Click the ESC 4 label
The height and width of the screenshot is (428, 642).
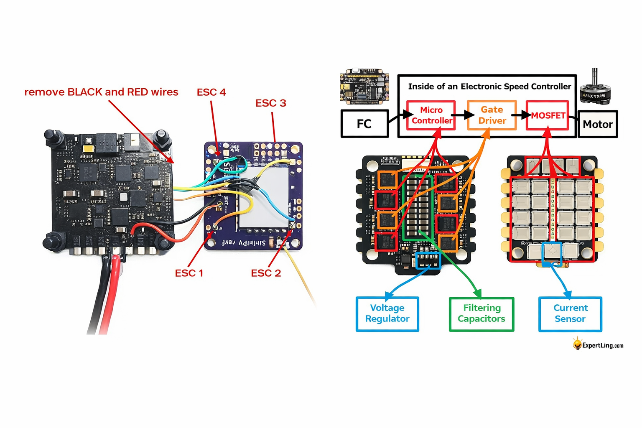[x=211, y=92]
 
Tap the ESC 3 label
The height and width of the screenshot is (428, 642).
[x=270, y=103]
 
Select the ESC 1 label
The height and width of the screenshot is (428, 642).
[x=189, y=273]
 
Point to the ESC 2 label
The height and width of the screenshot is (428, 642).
[x=266, y=273]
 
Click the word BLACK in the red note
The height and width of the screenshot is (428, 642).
[x=84, y=92]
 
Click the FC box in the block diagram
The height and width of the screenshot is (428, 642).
[x=364, y=124]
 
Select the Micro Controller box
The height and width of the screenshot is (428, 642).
[x=431, y=115]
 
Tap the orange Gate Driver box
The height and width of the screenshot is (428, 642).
[x=492, y=115]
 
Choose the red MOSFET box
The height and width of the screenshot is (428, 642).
[x=548, y=116]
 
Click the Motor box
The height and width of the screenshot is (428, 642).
[x=598, y=124]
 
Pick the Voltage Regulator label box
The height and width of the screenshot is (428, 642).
[x=387, y=314]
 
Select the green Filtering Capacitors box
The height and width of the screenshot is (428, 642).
[x=481, y=314]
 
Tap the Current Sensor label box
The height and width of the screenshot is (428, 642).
[x=570, y=314]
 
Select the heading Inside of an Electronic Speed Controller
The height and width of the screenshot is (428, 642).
[x=489, y=87]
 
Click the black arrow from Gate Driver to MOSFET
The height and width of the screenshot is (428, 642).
[x=521, y=115]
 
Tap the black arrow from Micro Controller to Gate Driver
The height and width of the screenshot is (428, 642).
[x=461, y=115]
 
